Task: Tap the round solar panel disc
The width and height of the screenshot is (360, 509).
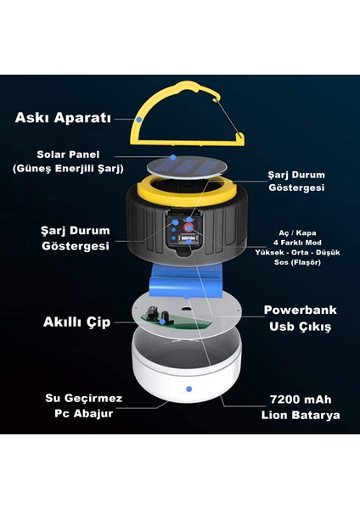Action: click(187, 167)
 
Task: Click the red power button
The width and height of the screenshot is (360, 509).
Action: click(188, 227)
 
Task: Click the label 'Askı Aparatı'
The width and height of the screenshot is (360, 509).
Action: click(63, 118)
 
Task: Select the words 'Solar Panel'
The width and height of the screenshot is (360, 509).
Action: click(68, 154)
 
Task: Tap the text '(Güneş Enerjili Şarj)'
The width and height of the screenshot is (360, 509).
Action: click(68, 169)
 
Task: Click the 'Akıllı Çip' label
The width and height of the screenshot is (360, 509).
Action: click(76, 322)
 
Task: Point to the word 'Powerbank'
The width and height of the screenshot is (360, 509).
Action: click(300, 310)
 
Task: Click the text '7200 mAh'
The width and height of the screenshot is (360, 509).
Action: click(301, 400)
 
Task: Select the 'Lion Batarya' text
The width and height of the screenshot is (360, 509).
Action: click(301, 415)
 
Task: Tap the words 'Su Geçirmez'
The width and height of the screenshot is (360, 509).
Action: click(83, 399)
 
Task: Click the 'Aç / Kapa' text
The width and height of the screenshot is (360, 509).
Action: click(297, 232)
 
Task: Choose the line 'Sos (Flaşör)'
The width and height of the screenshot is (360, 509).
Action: click(297, 262)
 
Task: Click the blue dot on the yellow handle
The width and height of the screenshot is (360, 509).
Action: click(139, 120)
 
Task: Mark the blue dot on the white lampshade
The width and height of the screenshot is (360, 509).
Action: click(189, 389)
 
